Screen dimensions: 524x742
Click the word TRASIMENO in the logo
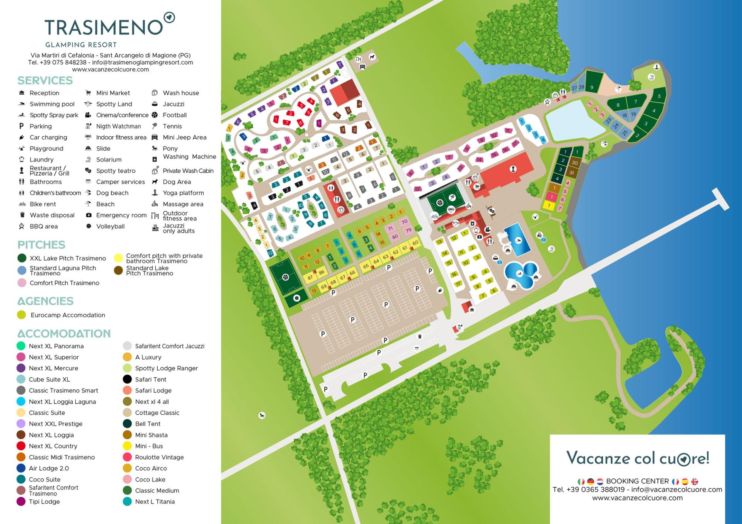click(104, 27)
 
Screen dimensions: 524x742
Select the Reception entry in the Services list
click(44, 93)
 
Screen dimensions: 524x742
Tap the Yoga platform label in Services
click(183, 193)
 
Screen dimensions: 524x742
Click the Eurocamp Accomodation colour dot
click(22, 315)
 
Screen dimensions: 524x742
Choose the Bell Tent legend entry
click(147, 424)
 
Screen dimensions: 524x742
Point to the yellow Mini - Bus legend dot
click(127, 446)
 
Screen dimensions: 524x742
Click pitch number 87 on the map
click(310, 277)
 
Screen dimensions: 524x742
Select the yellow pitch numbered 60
click(415, 243)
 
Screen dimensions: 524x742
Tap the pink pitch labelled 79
click(408, 231)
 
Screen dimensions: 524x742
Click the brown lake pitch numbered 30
click(575, 163)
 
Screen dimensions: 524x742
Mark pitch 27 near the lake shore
click(574, 88)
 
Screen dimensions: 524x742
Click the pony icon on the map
click(262, 415)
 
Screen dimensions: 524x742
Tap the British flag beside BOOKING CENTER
click(694, 482)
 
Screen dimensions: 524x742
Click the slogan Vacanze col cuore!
click(638, 458)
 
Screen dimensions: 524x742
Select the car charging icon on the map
click(440, 290)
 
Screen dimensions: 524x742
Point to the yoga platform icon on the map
click(656, 67)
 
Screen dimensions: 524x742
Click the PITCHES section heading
click(41, 245)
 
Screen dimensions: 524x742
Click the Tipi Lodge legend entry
click(44, 502)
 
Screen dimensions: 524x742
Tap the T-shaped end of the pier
click(720, 199)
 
